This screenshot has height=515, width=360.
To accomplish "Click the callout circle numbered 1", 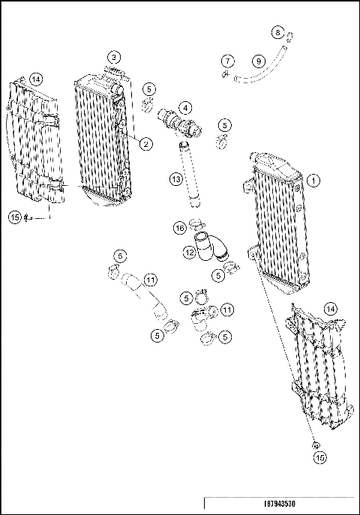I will pos(313,180).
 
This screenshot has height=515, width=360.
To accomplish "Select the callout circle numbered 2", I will pos(146,143).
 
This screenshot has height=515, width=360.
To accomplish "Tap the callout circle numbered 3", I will pos(114,56).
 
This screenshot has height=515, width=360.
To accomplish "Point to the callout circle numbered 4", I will pos(184,107).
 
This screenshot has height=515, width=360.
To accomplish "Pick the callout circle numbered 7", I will pos(227,60).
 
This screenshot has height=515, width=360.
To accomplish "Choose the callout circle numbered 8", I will pos(278,32).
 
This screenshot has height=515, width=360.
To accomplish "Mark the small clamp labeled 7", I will pos(224,74).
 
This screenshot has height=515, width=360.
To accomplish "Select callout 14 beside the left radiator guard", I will pos(37,77).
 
